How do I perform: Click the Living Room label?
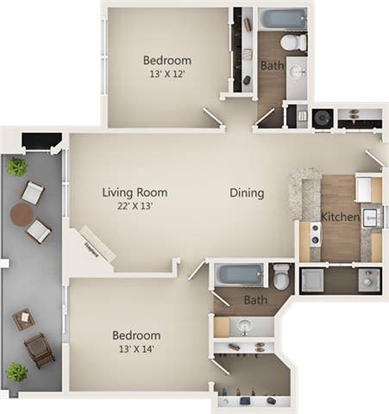point(135,192)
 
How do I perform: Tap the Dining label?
point(247,193)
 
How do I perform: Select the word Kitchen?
point(340,216)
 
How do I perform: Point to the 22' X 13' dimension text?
point(135,207)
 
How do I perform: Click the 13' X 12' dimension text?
point(166,75)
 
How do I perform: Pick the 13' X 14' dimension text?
point(136,349)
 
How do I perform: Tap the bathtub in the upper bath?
point(283,19)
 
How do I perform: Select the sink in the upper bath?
point(296,72)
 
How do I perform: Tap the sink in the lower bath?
point(244,327)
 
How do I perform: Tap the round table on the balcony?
point(22,213)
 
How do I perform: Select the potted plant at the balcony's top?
point(16,167)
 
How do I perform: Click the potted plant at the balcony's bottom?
point(16,372)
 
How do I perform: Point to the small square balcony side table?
point(23,319)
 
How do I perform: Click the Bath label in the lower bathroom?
point(255,300)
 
